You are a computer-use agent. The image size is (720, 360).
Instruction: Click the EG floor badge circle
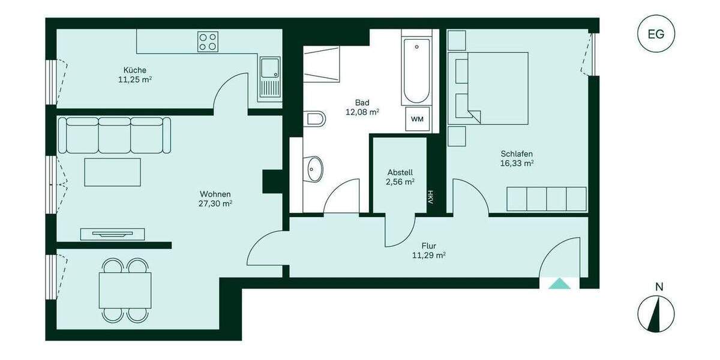pos(656,34)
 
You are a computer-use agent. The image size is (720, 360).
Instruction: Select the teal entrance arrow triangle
pos(560,284)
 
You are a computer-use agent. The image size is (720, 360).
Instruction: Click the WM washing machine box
pos(417,119)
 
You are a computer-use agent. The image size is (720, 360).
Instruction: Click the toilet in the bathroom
pos(314,118)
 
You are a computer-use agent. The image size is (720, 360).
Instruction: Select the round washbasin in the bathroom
pos(314,169)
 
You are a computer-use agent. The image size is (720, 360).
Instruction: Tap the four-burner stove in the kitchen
pos(208,41)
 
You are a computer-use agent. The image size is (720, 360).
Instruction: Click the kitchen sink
pos(269,78)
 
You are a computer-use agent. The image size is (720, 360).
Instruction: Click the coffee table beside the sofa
pos(113,172)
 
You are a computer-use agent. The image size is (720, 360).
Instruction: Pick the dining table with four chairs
pos(125,290)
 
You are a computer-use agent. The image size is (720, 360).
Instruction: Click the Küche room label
pos(134,70)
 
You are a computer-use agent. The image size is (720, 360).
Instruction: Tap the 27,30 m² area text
pos(216,203)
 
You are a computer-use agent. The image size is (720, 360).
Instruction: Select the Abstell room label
pos(400,172)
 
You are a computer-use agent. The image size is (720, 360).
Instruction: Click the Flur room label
pos(428,245)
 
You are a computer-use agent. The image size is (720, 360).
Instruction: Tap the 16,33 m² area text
pos(517,163)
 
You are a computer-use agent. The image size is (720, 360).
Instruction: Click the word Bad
pos(362,102)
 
